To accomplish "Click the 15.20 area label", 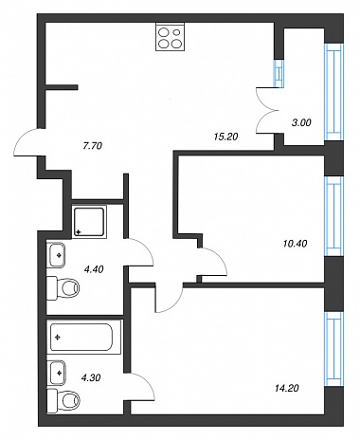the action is point(225,137).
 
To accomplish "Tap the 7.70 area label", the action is point(92,146).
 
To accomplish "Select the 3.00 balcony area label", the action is point(301,122).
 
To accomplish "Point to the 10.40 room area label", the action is point(295,244).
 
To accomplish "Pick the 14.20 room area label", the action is point(286,388).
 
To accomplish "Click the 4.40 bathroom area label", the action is point(94,269).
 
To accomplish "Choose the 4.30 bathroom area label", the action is point(91,377).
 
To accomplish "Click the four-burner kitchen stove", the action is point(170,37).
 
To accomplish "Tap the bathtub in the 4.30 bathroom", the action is point(84,337).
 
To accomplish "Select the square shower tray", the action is point(89,221).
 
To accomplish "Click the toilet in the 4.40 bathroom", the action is point(63,287).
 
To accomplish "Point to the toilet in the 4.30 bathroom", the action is point(63,400).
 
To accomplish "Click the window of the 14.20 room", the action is point(334,349).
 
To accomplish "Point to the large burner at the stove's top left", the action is point(164,32).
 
